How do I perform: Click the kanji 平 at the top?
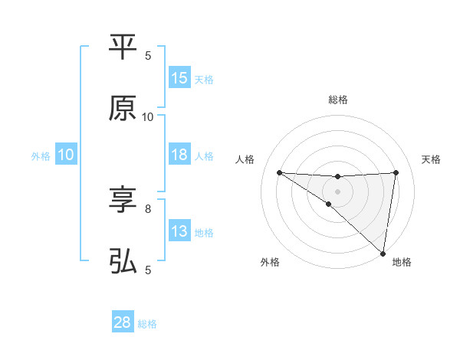(123, 47)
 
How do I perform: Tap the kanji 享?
(123, 201)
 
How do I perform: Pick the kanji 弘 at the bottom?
(123, 262)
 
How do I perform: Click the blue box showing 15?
(179, 78)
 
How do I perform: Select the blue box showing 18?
(179, 155)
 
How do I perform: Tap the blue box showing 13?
(179, 231)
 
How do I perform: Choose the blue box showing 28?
(123, 322)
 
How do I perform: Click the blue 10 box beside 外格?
(65, 155)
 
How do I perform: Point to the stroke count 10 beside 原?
(148, 116)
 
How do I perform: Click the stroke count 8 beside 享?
(148, 208)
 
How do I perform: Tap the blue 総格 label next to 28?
(147, 324)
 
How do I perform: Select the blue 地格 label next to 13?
(204, 232)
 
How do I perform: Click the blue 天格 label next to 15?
(204, 79)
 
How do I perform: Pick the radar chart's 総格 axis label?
(337, 100)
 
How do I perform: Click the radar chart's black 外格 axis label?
(270, 262)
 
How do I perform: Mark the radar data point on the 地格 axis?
(383, 254)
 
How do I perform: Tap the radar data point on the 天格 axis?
(396, 172)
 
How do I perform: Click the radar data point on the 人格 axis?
(279, 172)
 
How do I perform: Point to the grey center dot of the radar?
(337, 191)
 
